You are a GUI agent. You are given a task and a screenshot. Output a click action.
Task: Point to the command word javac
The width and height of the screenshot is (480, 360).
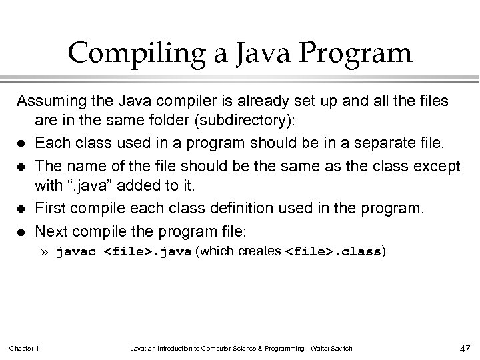point(79,253)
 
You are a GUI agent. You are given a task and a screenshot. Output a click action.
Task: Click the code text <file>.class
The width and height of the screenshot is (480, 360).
point(334,253)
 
